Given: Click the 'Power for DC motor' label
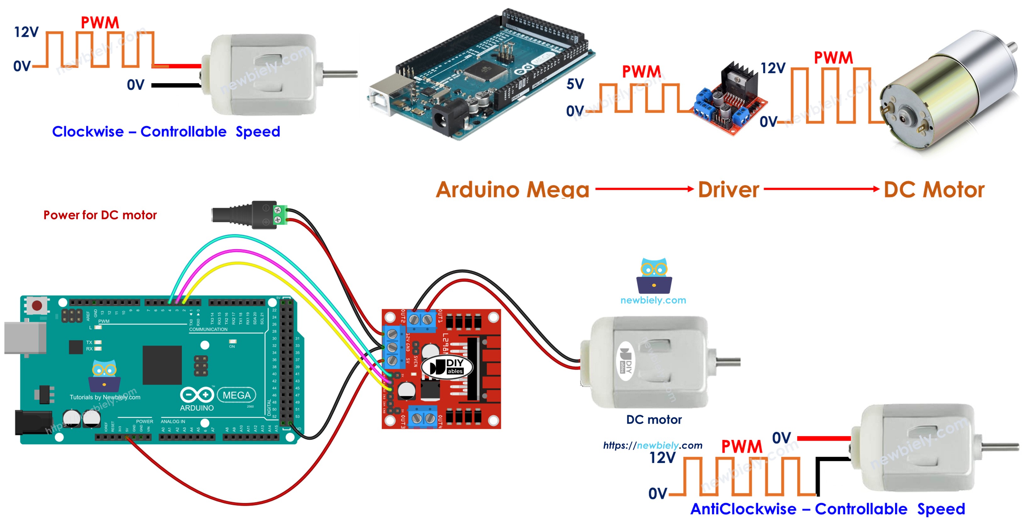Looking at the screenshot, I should tap(100, 215).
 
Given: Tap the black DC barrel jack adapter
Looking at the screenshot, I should tap(243, 215).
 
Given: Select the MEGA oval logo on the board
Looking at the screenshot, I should tap(237, 395).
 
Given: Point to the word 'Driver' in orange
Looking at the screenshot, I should tap(728, 189).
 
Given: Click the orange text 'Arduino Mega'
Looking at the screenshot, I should tap(512, 189).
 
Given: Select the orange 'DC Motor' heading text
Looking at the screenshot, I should tap(934, 189).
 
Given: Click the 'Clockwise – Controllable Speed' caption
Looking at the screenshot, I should tap(166, 131).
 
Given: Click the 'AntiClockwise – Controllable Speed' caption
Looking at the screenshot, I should tap(828, 509).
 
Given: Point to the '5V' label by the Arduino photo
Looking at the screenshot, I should tap(575, 84).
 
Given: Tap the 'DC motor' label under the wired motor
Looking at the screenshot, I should tap(654, 420).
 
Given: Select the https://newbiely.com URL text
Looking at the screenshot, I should tap(652, 445).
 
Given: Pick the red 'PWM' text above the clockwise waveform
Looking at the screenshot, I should tap(100, 23).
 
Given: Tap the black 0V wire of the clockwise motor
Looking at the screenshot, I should tap(175, 85).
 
